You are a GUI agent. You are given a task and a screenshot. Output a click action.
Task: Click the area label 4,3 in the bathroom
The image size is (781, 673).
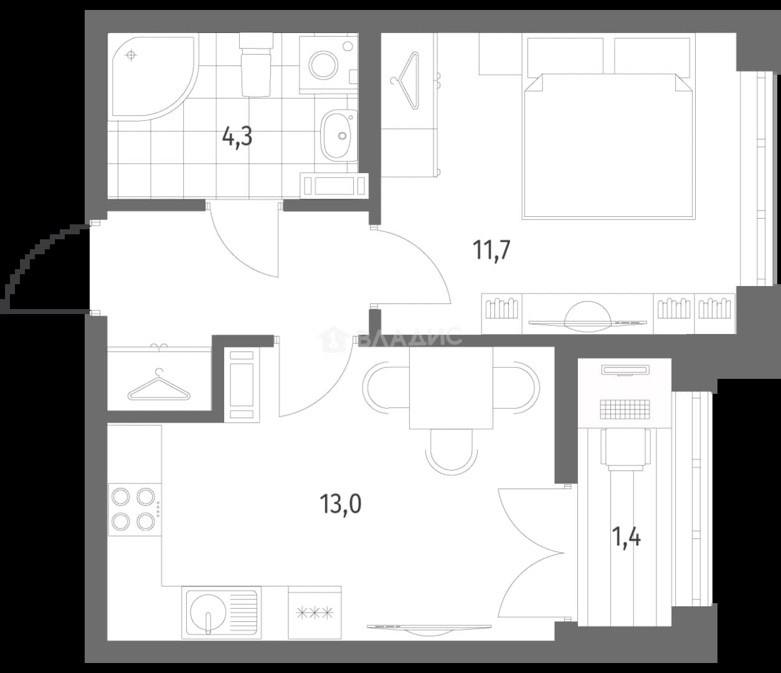point(237,137)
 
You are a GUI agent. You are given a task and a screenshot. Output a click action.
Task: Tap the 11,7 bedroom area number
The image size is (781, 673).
point(491,250)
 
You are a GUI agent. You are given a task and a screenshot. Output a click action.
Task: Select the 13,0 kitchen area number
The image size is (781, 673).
point(341,504)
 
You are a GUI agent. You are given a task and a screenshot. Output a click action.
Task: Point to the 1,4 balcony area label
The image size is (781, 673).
point(626,537)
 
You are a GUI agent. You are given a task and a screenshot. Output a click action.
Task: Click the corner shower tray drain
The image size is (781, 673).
point(131,55)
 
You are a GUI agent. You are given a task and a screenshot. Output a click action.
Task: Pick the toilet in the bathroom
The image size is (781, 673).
point(256,64)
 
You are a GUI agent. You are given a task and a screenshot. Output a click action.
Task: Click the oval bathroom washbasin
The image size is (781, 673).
point(339,135)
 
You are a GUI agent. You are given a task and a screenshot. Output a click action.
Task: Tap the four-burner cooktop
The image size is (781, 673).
point(135,509)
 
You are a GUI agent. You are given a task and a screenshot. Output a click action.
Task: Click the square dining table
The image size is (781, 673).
point(451,388)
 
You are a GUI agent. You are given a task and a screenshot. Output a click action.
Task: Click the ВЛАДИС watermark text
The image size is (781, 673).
point(409,336)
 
